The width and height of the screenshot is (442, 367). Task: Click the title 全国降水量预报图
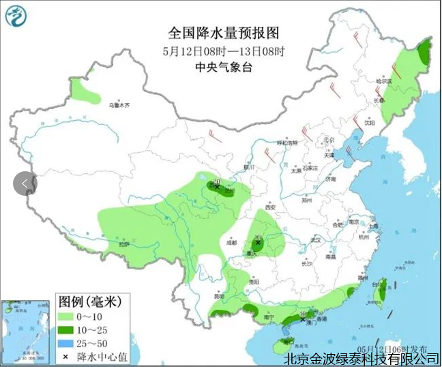pyautogui.click(x=224, y=33)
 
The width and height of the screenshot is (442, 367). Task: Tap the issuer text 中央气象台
pyautogui.click(x=224, y=67)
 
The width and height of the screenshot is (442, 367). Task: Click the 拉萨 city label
pyautogui.click(x=123, y=244)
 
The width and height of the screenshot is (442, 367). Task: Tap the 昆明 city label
pyautogui.click(x=218, y=296)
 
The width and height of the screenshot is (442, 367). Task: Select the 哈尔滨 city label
pyautogui.click(x=384, y=80)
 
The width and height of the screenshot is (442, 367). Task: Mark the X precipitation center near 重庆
pyautogui.click(x=258, y=242)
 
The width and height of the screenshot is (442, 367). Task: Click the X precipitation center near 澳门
pyautogui.click(x=303, y=319)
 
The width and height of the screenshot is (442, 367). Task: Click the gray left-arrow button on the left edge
pyautogui.click(x=25, y=183)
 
